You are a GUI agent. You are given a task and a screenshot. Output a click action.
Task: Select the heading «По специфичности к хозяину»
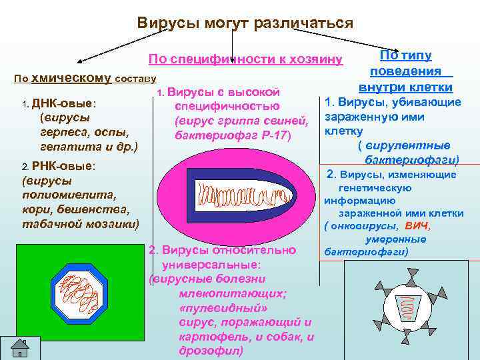[x=245, y=59]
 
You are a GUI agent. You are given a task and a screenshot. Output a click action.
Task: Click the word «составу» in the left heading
[x=135, y=79]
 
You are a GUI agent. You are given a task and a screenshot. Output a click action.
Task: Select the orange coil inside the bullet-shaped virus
[x=234, y=197]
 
